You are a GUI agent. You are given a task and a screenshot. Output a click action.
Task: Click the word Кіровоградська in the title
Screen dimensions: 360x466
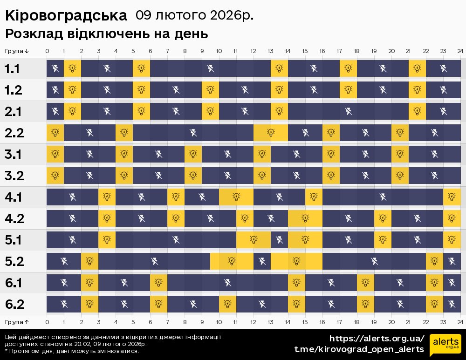pyautogui.click(x=66, y=15)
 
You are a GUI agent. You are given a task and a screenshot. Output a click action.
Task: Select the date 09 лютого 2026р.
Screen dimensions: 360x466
pyautogui.click(x=195, y=15)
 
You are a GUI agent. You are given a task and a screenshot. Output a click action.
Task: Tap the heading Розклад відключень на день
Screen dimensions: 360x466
pyautogui.click(x=106, y=34)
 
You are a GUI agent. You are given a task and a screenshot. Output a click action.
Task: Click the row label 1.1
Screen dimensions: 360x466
pyautogui.click(x=13, y=69)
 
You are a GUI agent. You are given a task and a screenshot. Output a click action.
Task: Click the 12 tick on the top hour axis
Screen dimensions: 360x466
pyautogui.click(x=253, y=51)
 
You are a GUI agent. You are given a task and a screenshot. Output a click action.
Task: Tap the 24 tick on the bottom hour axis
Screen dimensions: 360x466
pyautogui.click(x=460, y=322)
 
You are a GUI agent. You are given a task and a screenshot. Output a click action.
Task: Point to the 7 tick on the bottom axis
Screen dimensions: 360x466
pyautogui.click(x=167, y=322)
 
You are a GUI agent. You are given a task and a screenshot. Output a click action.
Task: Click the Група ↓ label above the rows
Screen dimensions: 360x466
pyautogui.click(x=17, y=51)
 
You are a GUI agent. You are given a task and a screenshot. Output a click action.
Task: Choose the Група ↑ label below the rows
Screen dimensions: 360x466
pyautogui.click(x=17, y=322)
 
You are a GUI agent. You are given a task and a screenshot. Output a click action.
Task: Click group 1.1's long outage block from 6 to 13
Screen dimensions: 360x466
pyautogui.click(x=210, y=69)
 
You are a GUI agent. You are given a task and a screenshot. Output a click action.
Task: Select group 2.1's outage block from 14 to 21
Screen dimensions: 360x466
pyautogui.click(x=348, y=111)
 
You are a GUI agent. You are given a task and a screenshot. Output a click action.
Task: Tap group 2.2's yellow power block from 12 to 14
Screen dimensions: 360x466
pyautogui.click(x=271, y=133)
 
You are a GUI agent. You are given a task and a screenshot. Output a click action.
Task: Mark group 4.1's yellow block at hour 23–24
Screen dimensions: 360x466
pyautogui.click(x=452, y=197)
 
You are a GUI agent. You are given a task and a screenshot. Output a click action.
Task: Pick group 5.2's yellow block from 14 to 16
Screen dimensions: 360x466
pyautogui.click(x=296, y=261)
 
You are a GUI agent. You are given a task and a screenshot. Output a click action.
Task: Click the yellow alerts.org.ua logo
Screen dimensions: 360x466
pyautogui.click(x=445, y=345)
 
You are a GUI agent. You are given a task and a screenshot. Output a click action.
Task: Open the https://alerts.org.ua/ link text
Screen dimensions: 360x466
pyautogui.click(x=377, y=339)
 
